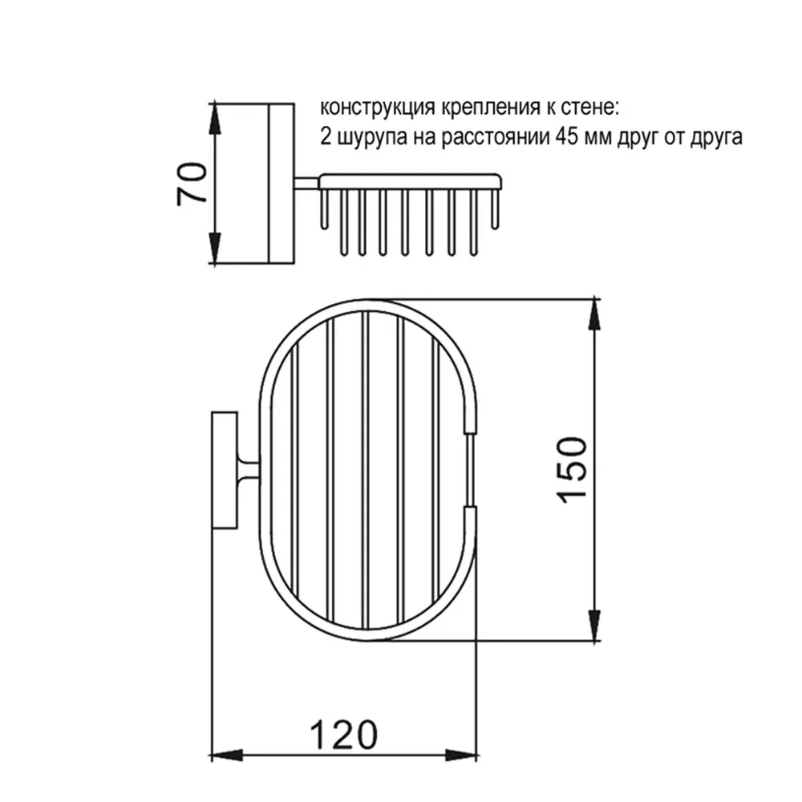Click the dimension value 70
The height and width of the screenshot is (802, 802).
pyautogui.click(x=192, y=183)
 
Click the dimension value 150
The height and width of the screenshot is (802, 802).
pyautogui.click(x=571, y=469)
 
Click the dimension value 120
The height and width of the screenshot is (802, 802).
pyautogui.click(x=344, y=735)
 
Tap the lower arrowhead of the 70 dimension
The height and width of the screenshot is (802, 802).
pyautogui.click(x=215, y=247)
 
